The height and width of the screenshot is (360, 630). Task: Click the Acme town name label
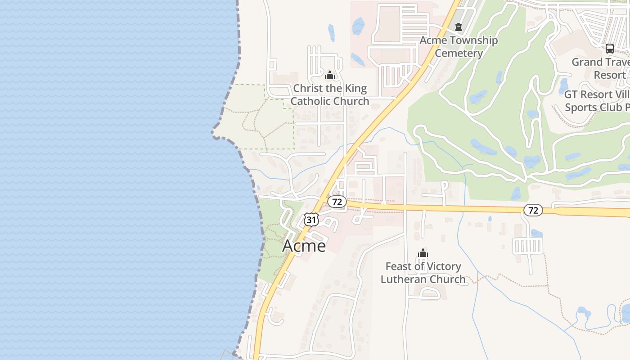[304, 246]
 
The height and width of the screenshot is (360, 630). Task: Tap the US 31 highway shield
[311, 220]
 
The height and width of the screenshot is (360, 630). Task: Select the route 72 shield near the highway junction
[337, 202]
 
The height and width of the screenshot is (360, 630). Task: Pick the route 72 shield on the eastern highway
[533, 210]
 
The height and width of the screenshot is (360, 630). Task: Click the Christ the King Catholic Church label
[330, 94]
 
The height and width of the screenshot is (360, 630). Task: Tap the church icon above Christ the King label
[330, 75]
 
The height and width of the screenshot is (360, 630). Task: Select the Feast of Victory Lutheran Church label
[423, 273]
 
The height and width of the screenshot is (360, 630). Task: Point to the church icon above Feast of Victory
[423, 253]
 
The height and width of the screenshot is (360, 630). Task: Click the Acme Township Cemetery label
[459, 47]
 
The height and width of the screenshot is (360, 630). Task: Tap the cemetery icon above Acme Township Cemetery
[459, 27]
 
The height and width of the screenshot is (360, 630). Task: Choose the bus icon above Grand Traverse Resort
[609, 49]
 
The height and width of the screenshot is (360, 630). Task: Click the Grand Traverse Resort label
[601, 68]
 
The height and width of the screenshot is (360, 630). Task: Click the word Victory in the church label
[443, 266]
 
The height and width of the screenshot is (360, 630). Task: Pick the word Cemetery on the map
[459, 53]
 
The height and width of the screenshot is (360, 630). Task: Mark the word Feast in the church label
[399, 266]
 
